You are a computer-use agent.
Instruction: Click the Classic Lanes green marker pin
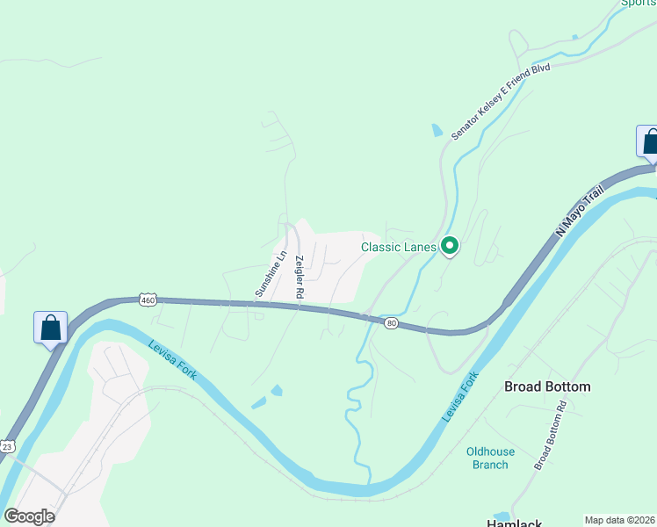pos(450,247)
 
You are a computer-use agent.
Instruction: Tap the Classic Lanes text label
pos(399,247)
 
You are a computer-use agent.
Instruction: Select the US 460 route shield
pos(148,300)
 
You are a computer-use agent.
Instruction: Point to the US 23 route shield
pos(6,445)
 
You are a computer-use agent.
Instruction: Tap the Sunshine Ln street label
pos(271,273)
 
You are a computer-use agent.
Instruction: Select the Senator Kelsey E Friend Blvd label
pos(500,101)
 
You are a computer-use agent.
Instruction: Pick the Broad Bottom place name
pos(546,386)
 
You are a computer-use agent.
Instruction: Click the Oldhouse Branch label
pos(490,458)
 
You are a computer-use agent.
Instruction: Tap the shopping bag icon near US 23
pos(51,328)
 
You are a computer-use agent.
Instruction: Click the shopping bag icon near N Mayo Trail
pos(649,141)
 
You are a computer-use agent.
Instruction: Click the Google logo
pos(29,516)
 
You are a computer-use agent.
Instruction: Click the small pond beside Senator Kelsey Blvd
pos(437,131)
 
